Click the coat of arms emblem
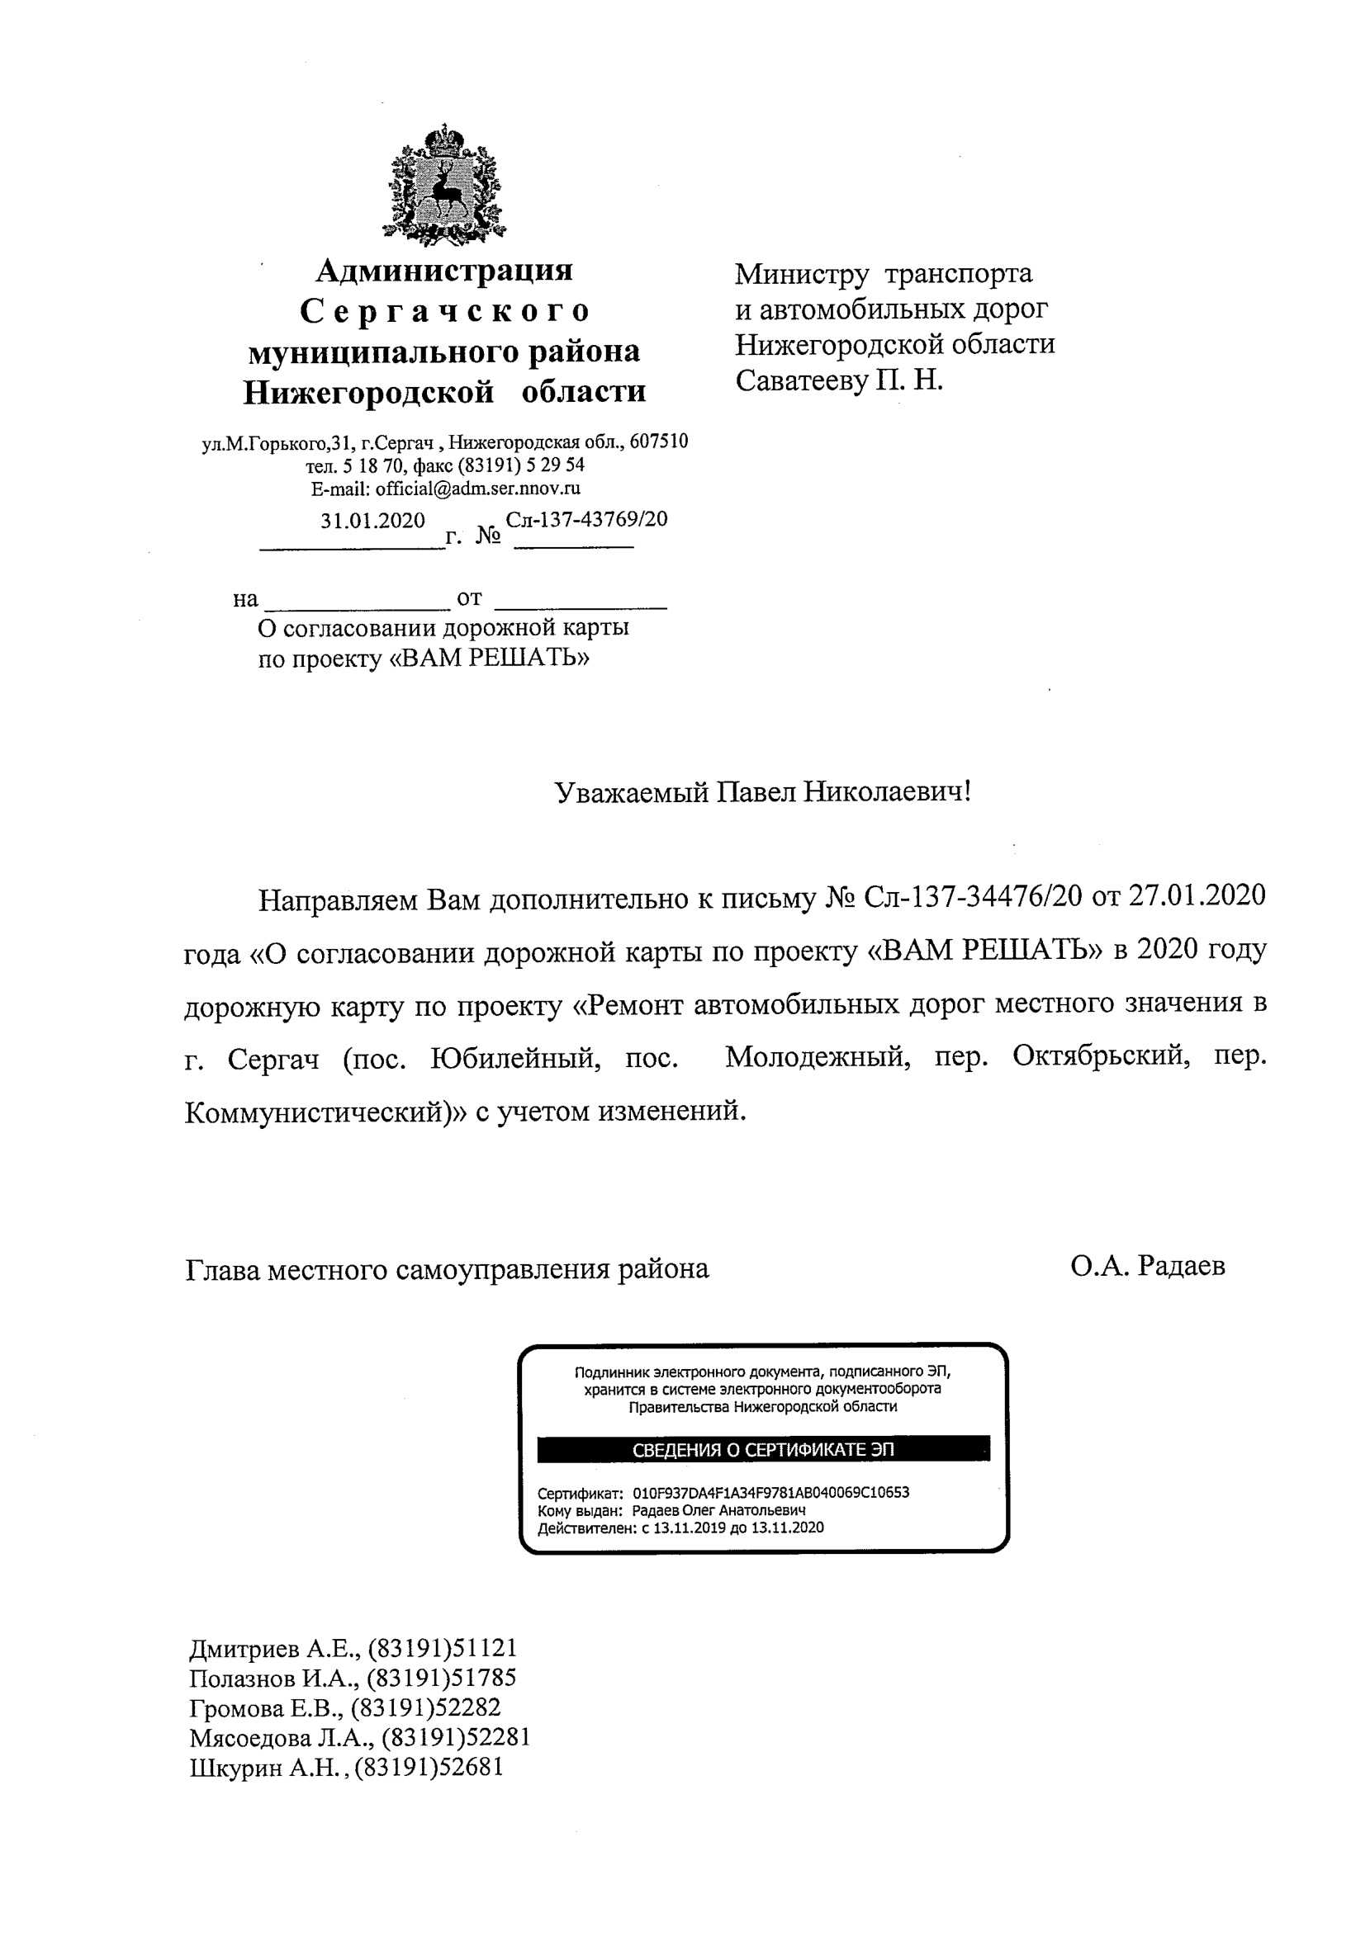point(443,186)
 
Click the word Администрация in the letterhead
point(443,271)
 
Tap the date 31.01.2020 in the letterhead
point(372,520)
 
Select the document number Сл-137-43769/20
point(586,519)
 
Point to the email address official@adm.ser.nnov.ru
point(477,489)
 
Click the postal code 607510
point(659,441)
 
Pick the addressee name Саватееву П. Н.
point(838,381)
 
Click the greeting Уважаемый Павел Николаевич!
point(762,791)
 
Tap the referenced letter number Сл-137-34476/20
point(973,895)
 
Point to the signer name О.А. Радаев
point(1147,1266)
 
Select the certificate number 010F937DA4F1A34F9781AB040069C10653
point(770,1492)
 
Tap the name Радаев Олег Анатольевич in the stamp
point(718,1509)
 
